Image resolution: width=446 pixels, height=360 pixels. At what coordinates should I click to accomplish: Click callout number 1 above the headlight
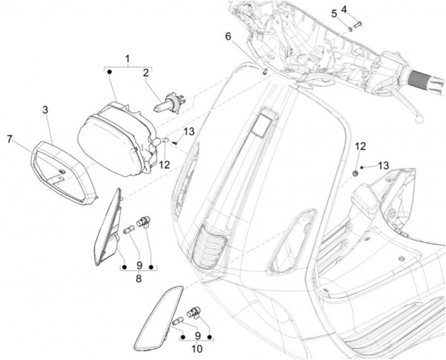128,59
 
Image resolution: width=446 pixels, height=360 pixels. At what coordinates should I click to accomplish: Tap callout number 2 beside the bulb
146,73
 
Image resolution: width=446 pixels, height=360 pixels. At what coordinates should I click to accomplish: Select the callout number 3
45,110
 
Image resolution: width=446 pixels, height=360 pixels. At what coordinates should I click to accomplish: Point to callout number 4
361,9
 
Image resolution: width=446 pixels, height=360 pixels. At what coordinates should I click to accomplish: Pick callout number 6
228,37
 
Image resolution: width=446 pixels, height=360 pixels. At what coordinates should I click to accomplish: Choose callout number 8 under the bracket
138,279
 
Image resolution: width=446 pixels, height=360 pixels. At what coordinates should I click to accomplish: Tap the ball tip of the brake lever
420,115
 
